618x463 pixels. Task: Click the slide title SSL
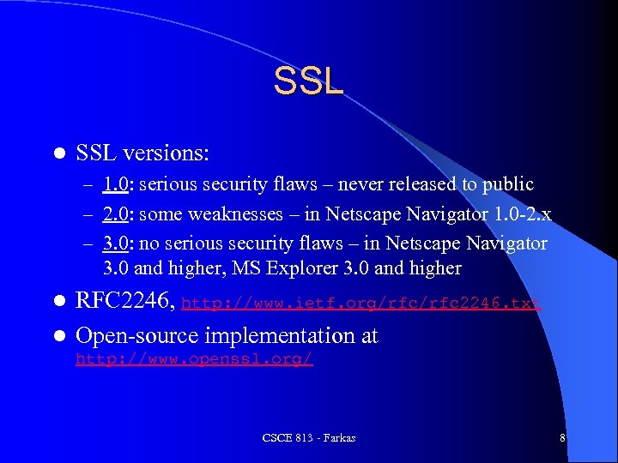click(308, 81)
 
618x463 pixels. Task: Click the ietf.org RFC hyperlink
click(361, 303)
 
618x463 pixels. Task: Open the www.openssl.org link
click(194, 359)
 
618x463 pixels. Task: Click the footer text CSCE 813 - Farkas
click(309, 438)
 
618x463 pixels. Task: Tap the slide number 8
click(562, 438)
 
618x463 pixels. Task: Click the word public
click(507, 184)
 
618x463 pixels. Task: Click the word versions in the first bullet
click(167, 154)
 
